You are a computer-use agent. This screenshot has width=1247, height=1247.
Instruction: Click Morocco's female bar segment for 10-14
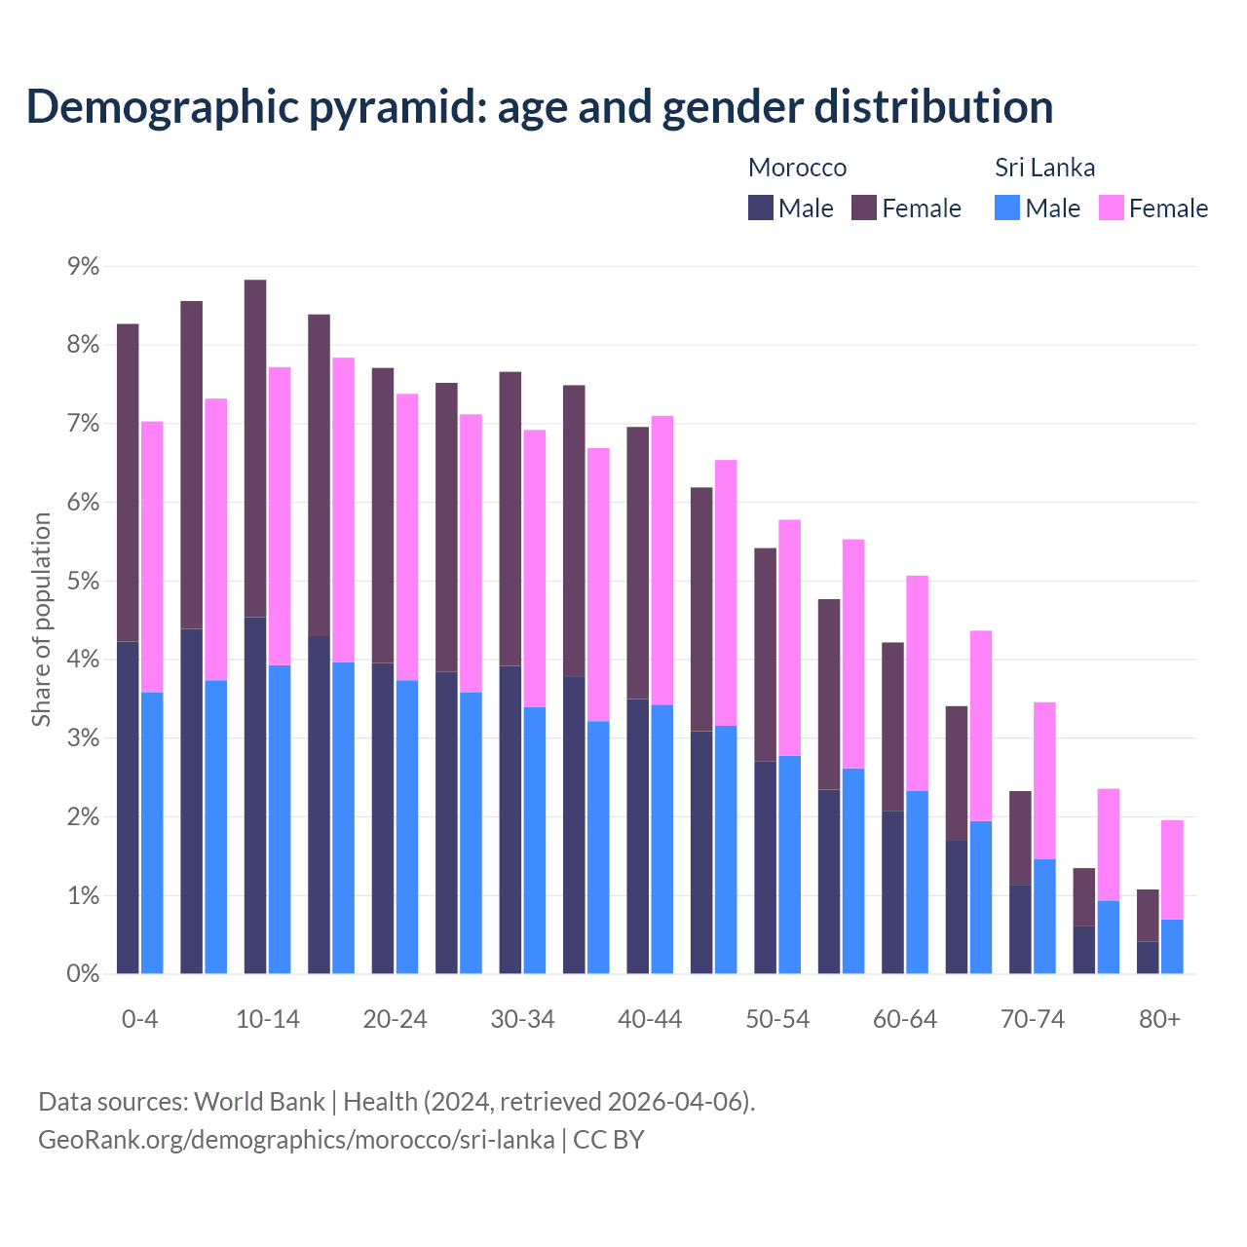click(255, 448)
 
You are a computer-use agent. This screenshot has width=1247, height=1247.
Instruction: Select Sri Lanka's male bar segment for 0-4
click(152, 833)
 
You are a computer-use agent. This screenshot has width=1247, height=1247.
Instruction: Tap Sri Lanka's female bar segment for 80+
click(1172, 870)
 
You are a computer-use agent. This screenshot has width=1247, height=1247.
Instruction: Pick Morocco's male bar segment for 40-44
click(638, 836)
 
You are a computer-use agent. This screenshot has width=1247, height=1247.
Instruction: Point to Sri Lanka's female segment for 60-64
click(917, 683)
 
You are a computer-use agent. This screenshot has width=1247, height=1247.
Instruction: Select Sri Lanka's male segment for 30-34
click(535, 840)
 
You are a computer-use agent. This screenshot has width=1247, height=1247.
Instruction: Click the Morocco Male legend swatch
click(761, 208)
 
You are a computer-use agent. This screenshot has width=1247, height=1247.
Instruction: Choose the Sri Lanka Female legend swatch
click(1112, 208)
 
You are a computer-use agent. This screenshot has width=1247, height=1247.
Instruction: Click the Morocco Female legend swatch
click(864, 208)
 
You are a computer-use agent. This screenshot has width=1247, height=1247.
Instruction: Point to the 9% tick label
click(83, 266)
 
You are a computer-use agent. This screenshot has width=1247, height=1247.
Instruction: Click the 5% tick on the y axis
click(83, 582)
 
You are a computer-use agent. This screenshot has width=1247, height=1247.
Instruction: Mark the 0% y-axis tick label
click(83, 974)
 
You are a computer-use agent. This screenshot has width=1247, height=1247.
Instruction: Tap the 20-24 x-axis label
click(395, 1019)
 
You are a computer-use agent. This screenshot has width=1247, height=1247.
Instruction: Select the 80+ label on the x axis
click(1159, 1019)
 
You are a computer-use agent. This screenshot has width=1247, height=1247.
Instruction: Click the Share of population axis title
click(41, 620)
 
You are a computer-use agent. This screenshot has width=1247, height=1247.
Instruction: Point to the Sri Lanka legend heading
click(1044, 168)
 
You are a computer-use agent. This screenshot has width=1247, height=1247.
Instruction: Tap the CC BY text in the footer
click(609, 1139)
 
